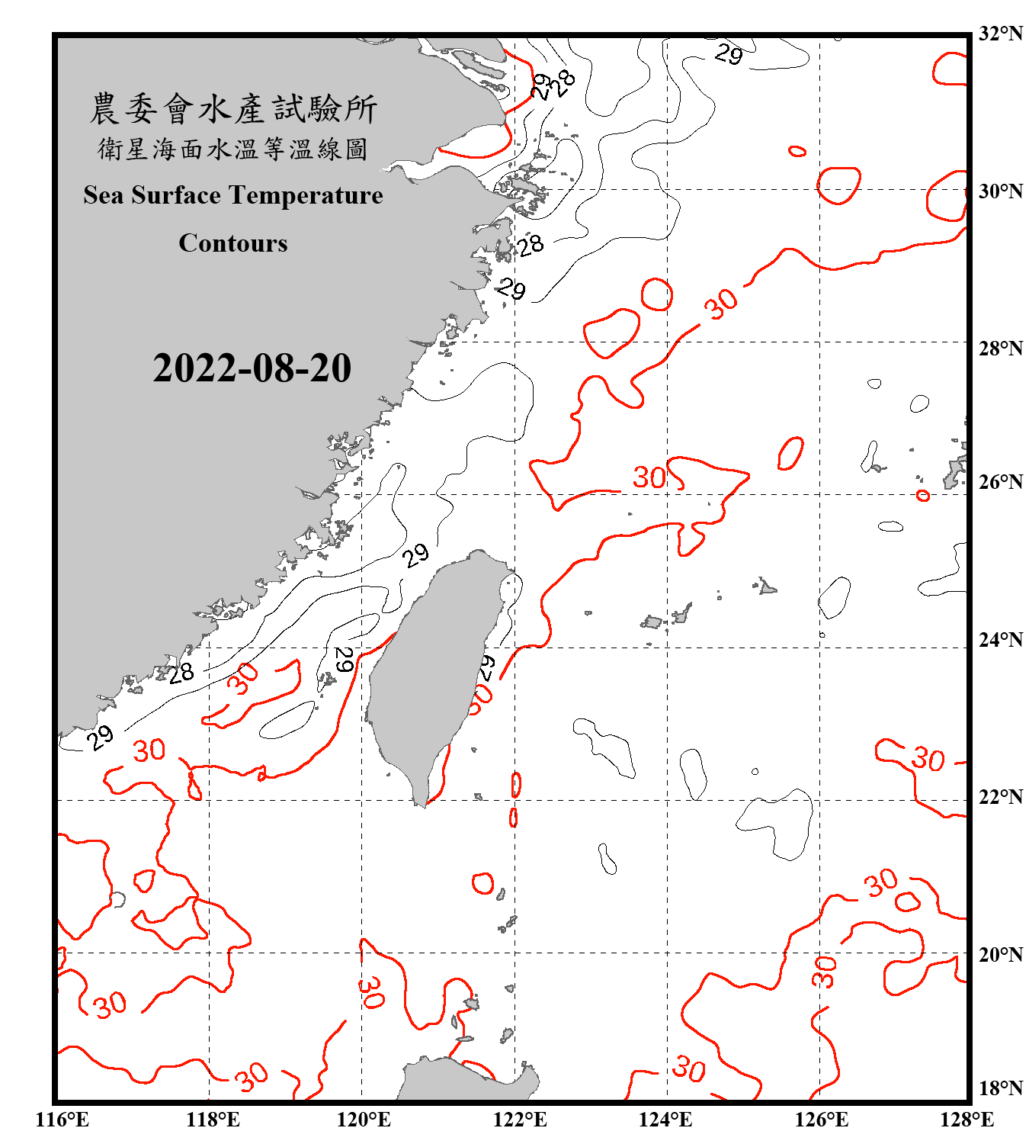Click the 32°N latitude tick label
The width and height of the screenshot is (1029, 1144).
coord(1000,34)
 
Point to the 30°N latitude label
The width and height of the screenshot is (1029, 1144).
coord(1000,191)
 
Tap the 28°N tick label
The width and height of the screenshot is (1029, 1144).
coord(1000,349)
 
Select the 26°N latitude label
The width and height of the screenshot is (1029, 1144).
coord(1000,482)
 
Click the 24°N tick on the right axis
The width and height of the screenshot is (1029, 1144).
coord(1000,640)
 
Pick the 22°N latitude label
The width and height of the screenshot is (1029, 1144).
coord(1000,797)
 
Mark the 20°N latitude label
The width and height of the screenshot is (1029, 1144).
coord(1000,954)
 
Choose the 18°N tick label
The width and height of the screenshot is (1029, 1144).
coord(1000,1088)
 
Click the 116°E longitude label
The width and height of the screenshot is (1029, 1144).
coord(63,1120)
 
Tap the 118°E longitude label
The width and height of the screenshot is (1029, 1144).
coord(213,1120)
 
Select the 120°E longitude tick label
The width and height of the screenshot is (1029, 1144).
coord(364,1120)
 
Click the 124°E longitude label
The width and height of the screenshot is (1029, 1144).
coord(665,1120)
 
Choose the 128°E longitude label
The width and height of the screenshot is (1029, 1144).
coord(966,1120)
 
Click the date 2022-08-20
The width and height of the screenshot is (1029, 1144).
coord(252,368)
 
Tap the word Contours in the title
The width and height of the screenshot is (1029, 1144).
coord(233,243)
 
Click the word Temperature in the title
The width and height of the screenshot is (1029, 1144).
coord(306,195)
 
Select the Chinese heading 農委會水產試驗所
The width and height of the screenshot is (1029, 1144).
coord(233,109)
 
